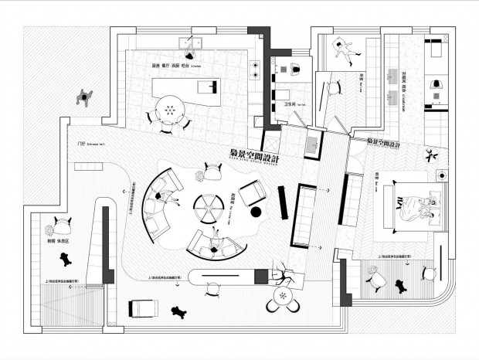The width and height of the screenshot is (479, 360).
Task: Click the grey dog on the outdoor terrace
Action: pyautogui.click(x=84, y=97)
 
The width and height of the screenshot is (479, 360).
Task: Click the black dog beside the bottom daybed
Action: pyautogui.click(x=178, y=313)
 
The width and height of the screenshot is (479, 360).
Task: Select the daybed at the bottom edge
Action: pyautogui.click(x=144, y=308)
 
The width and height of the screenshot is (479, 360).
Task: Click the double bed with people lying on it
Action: pyautogui.click(x=417, y=205)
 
